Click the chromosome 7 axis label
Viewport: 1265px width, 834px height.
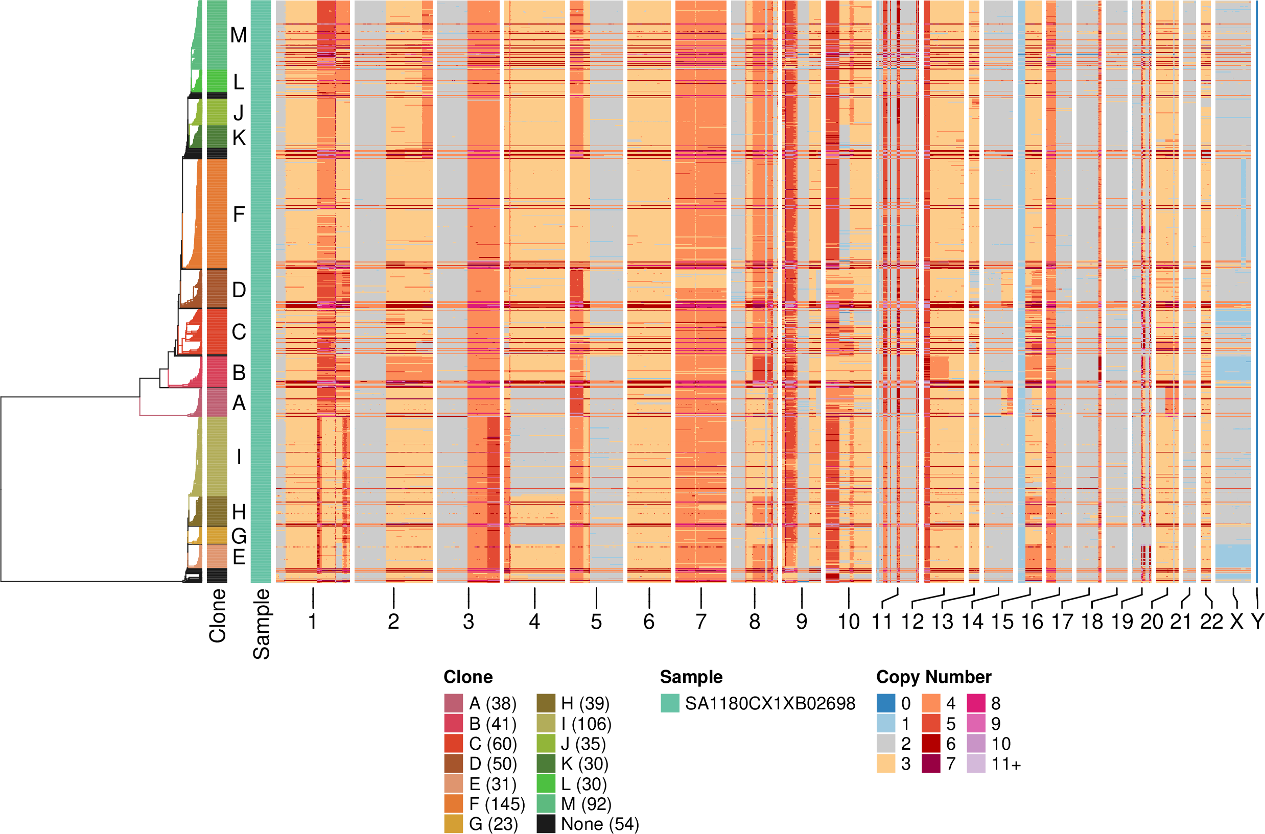tap(700, 621)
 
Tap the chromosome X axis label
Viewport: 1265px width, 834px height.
tap(1237, 621)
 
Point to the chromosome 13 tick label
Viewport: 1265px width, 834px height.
tap(942, 621)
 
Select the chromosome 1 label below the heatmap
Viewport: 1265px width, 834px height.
tap(313, 621)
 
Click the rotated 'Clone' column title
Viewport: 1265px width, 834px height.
tap(218, 615)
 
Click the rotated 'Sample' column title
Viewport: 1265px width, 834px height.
tap(261, 624)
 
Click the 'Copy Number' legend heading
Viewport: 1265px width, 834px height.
tap(933, 677)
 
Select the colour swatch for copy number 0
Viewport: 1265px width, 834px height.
tap(886, 703)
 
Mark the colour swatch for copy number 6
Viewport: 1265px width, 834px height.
tap(931, 744)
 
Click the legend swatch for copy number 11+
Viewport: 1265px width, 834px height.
tap(976, 764)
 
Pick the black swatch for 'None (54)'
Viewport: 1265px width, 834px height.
tap(546, 824)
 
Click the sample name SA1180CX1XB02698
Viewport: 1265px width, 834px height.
tap(770, 703)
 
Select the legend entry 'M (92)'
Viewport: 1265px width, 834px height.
tap(585, 804)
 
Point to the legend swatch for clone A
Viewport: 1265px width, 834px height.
tap(454, 703)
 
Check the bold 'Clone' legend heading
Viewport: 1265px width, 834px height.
tap(468, 677)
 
